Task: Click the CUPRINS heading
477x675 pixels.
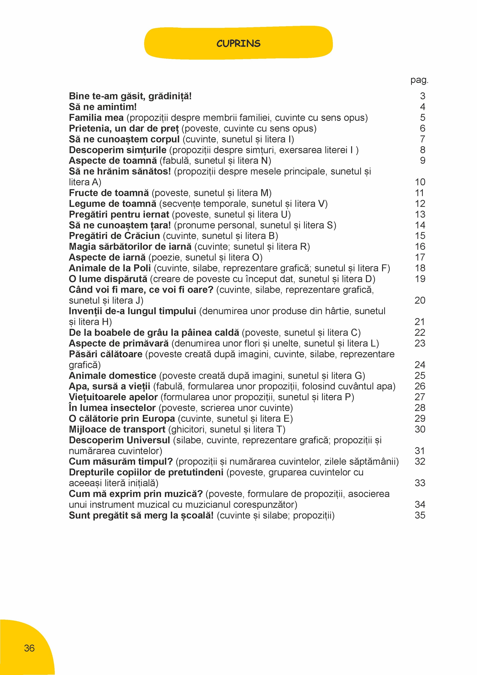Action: click(238, 43)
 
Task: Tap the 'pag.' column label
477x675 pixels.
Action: click(419, 80)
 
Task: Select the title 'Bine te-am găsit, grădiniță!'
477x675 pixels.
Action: click(130, 96)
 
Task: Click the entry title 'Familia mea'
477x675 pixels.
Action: click(96, 118)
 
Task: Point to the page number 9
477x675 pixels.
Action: click(422, 160)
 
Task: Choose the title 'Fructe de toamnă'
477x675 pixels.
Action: click(109, 193)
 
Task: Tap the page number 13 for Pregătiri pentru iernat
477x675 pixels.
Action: click(420, 214)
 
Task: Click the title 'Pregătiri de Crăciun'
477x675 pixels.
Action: click(114, 236)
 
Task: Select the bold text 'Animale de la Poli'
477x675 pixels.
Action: click(110, 268)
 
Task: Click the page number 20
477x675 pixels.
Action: click(420, 300)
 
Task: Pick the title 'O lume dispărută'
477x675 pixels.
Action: click(108, 279)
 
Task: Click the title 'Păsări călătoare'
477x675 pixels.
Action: click(106, 354)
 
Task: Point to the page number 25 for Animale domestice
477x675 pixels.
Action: click(420, 375)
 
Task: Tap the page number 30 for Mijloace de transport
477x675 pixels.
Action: click(420, 429)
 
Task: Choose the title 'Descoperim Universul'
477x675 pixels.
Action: click(119, 440)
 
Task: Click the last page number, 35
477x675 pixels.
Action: click(420, 515)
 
